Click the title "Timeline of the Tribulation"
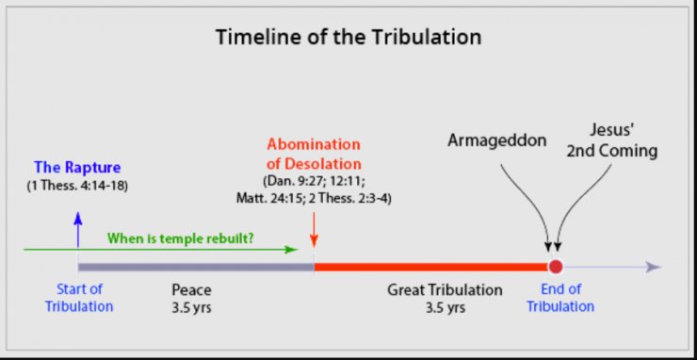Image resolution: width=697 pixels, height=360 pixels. coord(348,38)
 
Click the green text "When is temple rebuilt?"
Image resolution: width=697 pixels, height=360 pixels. coord(180,238)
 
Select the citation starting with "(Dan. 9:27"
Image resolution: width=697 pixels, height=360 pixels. coord(314,188)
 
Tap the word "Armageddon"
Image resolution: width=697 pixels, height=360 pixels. coord(495,139)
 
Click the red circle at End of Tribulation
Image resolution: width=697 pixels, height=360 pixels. coord(556,267)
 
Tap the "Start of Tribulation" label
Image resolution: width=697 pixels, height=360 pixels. coord(79,298)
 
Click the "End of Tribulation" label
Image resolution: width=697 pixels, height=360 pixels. coord(560,298)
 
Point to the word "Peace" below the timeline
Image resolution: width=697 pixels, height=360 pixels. coord(191,289)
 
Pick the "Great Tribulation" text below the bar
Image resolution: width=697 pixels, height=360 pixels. coord(445,289)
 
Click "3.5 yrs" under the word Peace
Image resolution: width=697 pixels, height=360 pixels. coord(191,306)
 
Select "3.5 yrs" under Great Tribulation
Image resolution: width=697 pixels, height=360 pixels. coord(445,306)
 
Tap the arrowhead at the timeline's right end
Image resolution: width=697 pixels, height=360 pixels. coord(653,267)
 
